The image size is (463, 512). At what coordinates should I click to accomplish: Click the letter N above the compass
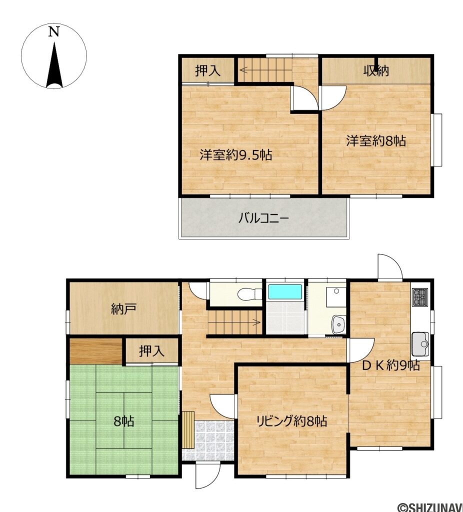[x=54, y=31]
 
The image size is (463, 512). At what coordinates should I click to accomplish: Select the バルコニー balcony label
[x=263, y=218]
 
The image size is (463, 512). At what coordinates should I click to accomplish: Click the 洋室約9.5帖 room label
[x=235, y=155]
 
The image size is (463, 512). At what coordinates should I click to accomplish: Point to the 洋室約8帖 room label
[x=376, y=141]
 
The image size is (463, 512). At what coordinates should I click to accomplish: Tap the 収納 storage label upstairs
[x=376, y=70]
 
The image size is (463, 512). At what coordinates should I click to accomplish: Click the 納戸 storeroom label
[x=123, y=309]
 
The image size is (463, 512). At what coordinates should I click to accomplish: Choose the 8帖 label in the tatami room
[x=123, y=421]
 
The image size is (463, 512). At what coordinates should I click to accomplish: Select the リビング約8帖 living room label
[x=291, y=421]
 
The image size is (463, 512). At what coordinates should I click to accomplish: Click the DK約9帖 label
[x=391, y=365]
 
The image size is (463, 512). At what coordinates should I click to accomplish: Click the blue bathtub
[x=285, y=291]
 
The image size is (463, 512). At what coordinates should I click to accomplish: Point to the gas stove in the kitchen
[x=420, y=297]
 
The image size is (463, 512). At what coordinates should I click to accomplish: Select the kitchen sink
[x=420, y=344]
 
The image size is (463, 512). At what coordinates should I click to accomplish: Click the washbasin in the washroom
[x=339, y=324]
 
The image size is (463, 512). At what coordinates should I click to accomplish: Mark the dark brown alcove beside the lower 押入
[x=96, y=351]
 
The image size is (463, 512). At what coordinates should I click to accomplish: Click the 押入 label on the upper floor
[x=207, y=70]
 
